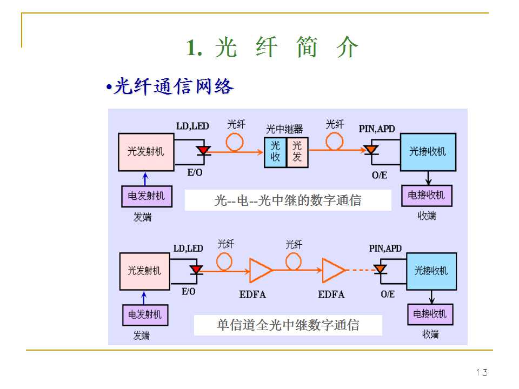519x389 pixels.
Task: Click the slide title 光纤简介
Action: [x=272, y=48]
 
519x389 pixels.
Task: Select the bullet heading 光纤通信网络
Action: [x=170, y=86]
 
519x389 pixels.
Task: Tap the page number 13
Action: [x=482, y=372]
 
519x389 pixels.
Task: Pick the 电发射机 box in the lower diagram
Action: [x=144, y=314]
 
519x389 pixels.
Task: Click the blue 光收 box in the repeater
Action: [x=275, y=151]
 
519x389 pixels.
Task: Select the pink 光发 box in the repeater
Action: [x=297, y=151]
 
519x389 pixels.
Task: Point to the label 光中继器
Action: [x=284, y=129]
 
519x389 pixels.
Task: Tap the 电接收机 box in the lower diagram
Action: [x=430, y=314]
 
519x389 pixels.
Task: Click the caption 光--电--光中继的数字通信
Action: [x=288, y=200]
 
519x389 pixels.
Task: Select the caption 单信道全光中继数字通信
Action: [x=288, y=325]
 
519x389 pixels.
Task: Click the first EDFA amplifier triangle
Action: [x=260, y=270]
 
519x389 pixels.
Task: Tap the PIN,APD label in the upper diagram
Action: [x=377, y=129]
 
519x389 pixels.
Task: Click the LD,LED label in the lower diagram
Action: [x=188, y=249]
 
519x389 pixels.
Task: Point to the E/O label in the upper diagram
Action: [x=196, y=173]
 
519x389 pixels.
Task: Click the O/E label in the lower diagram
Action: [x=388, y=294]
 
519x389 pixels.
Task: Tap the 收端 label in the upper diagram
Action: [x=427, y=216]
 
